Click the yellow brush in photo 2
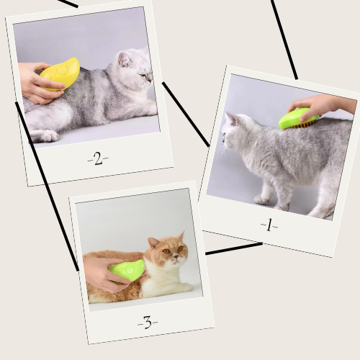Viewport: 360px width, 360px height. (x=60, y=74)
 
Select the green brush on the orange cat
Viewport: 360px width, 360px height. (x=127, y=271)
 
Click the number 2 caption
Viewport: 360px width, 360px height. (x=98, y=158)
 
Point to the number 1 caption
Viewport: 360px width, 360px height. (x=269, y=225)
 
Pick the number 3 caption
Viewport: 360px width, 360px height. (x=148, y=322)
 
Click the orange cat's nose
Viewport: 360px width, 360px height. (x=176, y=257)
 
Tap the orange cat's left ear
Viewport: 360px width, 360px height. (x=153, y=243)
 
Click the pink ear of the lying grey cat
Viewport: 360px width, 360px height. (x=124, y=59)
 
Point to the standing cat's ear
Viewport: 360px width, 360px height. (x=232, y=118)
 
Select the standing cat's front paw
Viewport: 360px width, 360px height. (x=262, y=199)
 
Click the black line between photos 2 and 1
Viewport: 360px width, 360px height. (x=186, y=114)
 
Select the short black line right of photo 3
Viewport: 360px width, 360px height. (x=234, y=248)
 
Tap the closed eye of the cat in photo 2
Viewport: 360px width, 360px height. (x=143, y=75)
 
